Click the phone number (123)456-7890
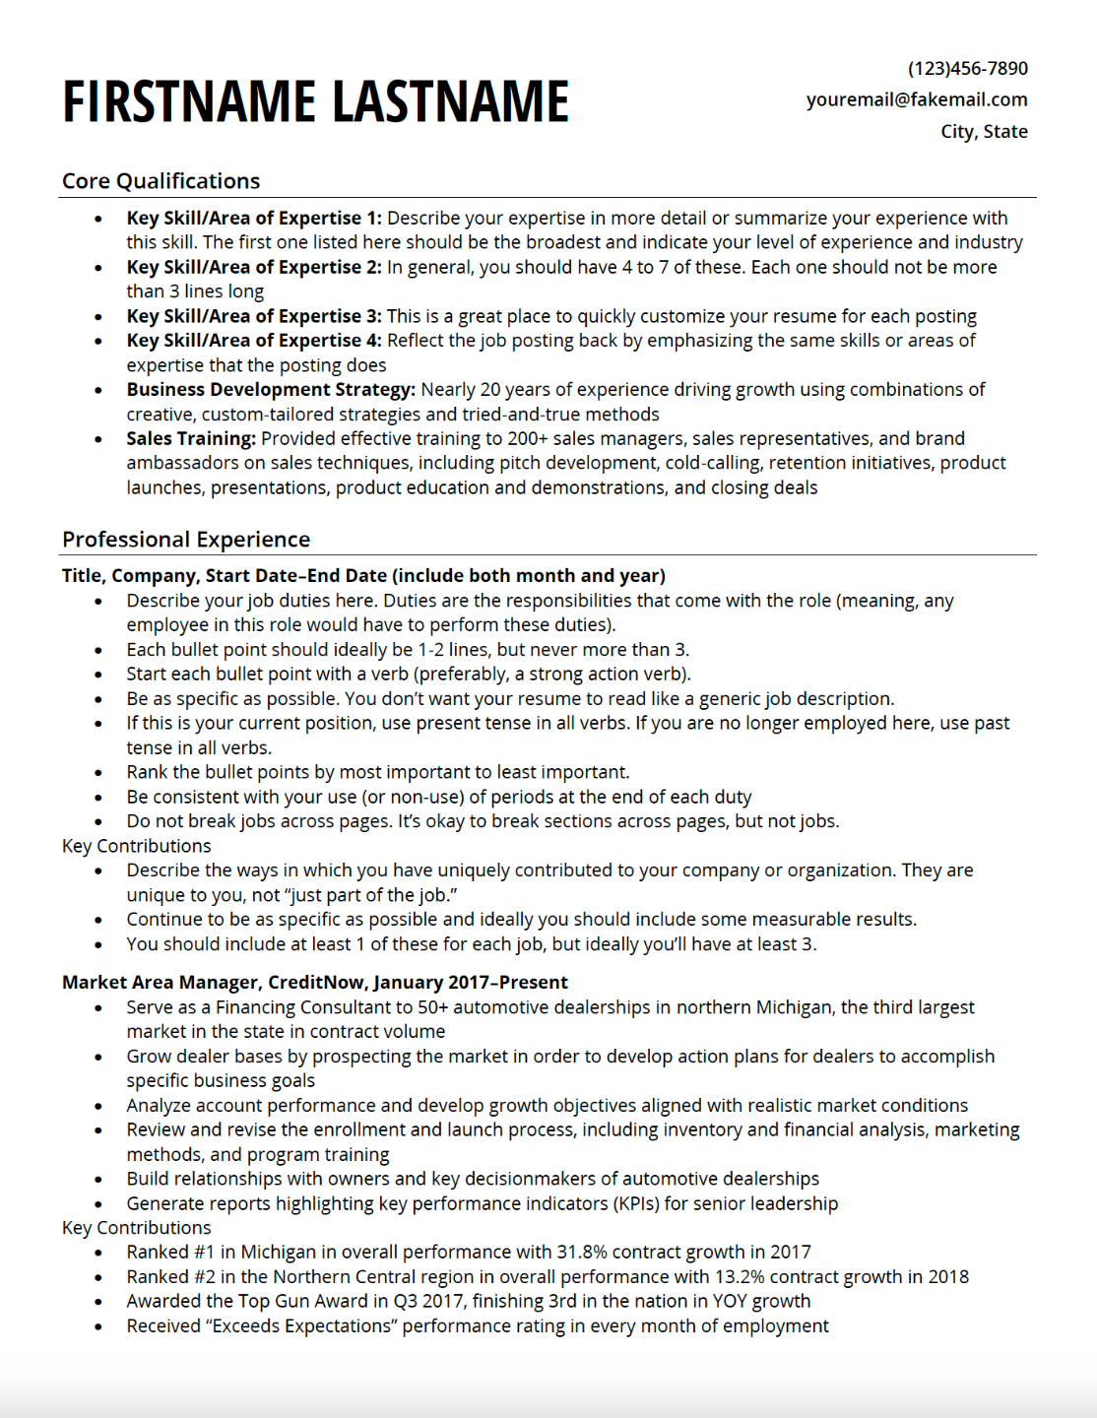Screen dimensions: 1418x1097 967,69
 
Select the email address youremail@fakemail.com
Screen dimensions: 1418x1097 916,99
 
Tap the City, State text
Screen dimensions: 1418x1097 984,131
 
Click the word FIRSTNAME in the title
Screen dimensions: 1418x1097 189,101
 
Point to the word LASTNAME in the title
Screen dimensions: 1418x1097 450,101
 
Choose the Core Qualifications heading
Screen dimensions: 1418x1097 161,181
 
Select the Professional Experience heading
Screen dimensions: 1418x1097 185,540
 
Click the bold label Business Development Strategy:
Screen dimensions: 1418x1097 271,390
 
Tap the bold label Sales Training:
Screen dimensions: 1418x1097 191,439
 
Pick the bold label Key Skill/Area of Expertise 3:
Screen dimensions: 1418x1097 254,316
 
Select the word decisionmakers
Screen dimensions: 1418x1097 540,1179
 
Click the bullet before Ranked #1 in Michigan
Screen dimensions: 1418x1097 98,1254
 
